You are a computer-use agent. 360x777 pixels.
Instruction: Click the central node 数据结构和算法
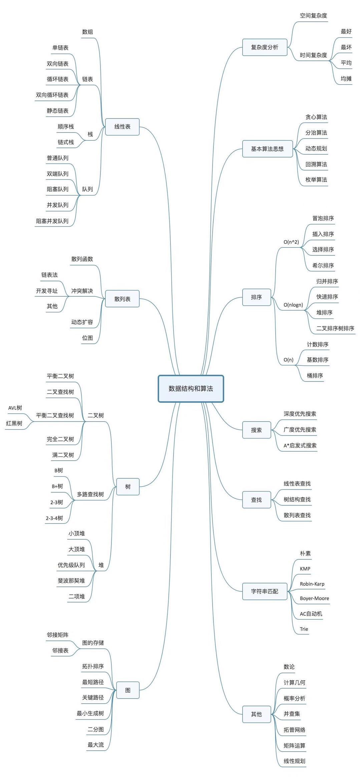191,388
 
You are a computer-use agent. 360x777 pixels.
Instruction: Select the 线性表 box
122,127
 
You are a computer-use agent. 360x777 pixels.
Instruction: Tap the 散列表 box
122,299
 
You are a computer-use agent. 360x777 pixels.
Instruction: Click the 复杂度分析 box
265,47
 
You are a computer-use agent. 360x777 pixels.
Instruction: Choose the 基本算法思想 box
267,149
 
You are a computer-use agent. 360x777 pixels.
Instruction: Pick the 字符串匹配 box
265,591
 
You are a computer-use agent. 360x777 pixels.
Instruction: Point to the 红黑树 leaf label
14,423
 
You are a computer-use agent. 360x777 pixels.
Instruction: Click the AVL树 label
15,408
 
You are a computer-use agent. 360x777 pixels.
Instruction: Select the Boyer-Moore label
314,598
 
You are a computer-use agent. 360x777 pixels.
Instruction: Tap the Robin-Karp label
312,584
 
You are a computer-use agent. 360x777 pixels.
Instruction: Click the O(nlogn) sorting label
293,305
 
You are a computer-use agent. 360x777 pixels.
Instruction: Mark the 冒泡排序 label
323,218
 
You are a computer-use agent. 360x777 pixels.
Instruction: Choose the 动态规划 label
316,149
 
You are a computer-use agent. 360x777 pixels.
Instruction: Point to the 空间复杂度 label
313,16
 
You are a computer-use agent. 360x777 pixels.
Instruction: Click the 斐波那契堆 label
71,581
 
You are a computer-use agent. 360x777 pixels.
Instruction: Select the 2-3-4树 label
54,518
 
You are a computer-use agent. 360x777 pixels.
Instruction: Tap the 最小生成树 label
90,713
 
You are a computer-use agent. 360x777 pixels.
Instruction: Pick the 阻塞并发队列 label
52,221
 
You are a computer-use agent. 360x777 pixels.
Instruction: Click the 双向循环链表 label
52,95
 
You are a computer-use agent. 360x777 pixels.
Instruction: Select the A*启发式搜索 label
300,446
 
